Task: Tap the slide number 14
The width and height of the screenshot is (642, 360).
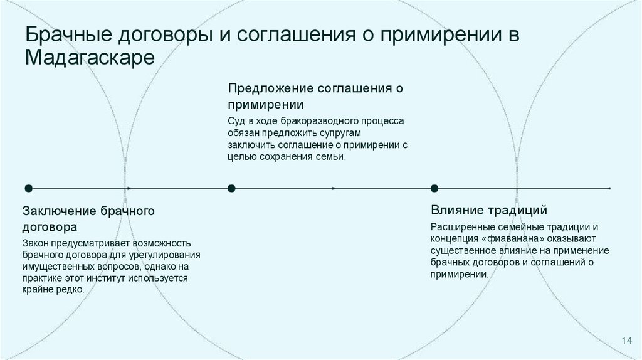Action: pos(626,340)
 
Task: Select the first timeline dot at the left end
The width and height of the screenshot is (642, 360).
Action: pos(28,188)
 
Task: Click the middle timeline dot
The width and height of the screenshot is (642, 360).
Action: pos(231,188)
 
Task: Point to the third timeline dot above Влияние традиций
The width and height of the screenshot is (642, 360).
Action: pos(434,188)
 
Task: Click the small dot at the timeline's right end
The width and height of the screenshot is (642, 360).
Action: pos(609,188)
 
